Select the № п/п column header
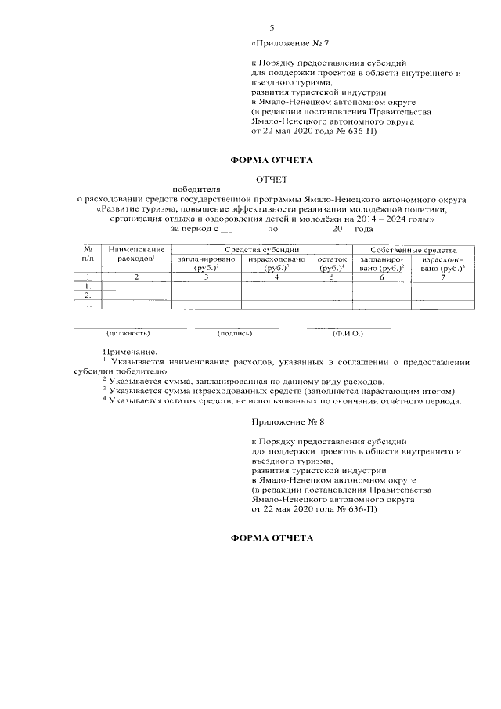[88, 253]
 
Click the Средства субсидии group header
[261, 248]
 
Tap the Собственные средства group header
[413, 248]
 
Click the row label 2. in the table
[88, 295]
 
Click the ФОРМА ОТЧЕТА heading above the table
[271, 161]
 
